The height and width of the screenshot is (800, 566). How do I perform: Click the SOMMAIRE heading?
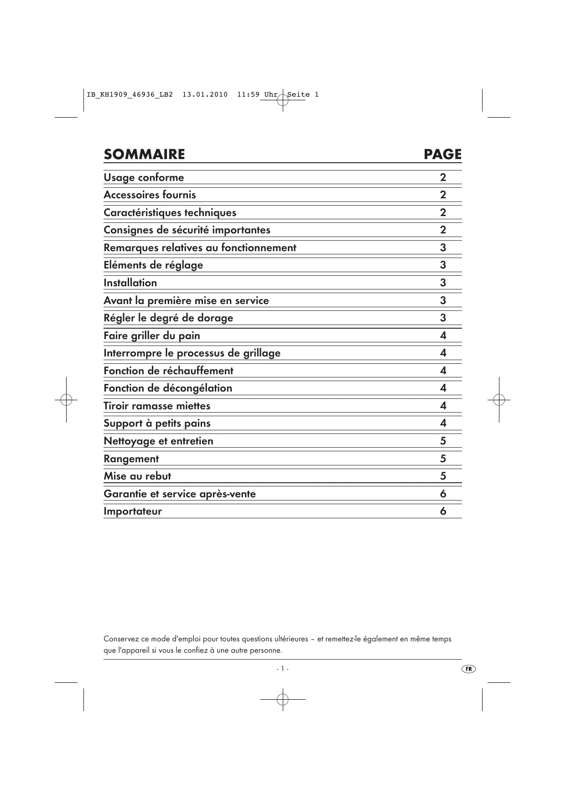click(144, 155)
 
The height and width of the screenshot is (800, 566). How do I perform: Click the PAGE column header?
click(442, 155)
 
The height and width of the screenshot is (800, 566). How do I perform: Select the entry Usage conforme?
click(144, 177)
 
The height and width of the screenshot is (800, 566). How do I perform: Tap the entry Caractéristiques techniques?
click(170, 212)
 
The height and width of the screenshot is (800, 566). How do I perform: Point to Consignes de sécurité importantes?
click(187, 230)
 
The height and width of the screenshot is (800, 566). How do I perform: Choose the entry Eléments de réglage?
click(153, 265)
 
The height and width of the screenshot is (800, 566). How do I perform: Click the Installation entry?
click(130, 283)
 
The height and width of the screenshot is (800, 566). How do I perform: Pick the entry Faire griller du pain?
click(152, 335)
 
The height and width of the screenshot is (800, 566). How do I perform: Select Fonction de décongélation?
click(168, 388)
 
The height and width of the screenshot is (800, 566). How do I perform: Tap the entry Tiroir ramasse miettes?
click(157, 406)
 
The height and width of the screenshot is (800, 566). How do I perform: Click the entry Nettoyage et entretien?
click(158, 441)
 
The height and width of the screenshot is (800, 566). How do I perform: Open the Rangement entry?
click(131, 459)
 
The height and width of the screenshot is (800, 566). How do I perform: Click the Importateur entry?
click(133, 511)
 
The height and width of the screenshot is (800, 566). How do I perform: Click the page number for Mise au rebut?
click(443, 476)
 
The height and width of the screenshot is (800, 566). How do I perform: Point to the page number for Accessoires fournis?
click(443, 195)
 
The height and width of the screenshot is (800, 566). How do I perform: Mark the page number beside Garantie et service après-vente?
click(443, 494)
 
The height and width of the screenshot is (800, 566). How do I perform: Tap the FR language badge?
click(468, 669)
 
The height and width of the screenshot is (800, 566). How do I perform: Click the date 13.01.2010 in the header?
click(205, 95)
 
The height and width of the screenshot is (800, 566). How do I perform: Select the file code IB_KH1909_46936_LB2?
click(130, 95)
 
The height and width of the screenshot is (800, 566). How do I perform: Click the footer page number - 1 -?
click(282, 669)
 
